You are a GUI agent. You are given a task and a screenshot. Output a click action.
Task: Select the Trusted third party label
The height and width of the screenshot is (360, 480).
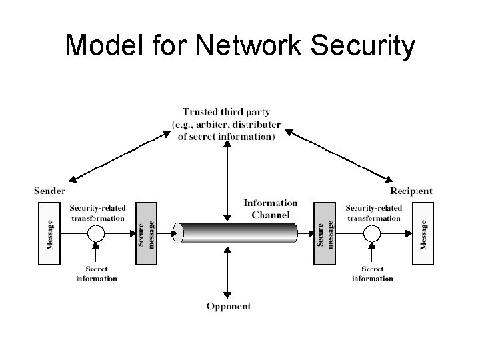click(226, 124)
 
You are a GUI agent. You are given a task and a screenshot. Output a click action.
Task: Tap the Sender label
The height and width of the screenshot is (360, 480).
click(49, 191)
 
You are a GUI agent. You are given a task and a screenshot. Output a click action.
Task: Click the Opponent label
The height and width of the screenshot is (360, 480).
click(228, 306)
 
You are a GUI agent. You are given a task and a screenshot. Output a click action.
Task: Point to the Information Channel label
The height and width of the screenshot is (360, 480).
click(270, 209)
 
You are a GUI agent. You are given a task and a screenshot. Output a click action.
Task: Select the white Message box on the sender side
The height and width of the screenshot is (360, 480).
click(49, 233)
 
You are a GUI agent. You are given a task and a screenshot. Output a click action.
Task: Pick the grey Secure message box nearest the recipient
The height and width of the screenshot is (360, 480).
click(323, 233)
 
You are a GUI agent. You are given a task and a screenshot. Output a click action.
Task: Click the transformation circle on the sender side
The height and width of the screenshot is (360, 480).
click(97, 233)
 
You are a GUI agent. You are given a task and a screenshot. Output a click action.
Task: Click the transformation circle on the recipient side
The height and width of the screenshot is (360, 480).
click(372, 233)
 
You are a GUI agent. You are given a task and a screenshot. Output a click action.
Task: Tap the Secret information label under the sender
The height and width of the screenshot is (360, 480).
click(97, 273)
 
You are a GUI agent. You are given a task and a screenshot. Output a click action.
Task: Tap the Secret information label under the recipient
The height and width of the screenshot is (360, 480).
click(372, 273)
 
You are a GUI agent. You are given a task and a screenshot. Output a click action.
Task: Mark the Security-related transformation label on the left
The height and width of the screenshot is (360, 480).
click(97, 213)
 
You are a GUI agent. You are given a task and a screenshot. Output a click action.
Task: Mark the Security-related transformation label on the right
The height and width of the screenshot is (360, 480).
click(373, 213)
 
